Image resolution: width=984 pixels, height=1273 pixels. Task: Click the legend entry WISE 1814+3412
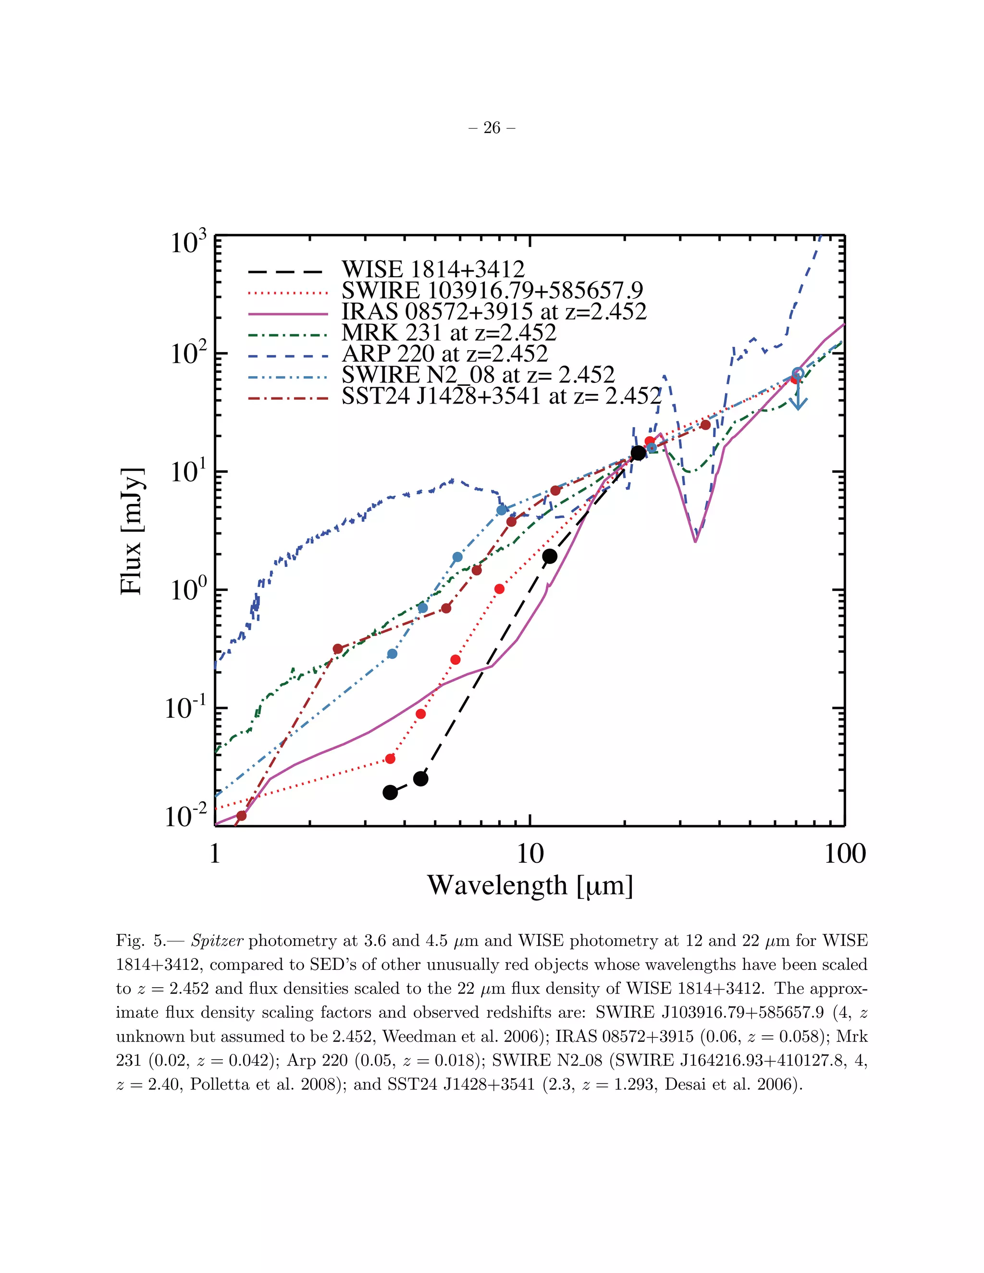pyautogui.click(x=432, y=269)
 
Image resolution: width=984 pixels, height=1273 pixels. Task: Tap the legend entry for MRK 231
pyautogui.click(x=449, y=333)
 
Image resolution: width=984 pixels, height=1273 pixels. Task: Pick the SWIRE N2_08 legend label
pyautogui.click(x=478, y=375)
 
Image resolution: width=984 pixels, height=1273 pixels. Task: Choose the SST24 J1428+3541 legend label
pyautogui.click(x=501, y=396)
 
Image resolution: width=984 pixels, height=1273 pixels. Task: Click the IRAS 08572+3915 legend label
pyautogui.click(x=494, y=312)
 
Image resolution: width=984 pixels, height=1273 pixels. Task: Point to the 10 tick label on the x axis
pyautogui.click(x=530, y=854)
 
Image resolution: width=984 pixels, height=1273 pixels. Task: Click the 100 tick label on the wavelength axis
pyautogui.click(x=845, y=854)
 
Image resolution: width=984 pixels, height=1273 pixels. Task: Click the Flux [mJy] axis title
pyautogui.click(x=132, y=531)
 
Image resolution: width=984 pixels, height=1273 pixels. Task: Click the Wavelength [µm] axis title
pyautogui.click(x=530, y=885)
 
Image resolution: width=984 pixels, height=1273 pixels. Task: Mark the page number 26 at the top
pyautogui.click(x=492, y=128)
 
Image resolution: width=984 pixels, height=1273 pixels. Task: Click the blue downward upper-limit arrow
pyautogui.click(x=798, y=396)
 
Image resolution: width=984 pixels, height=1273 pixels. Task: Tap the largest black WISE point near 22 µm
pyautogui.click(x=639, y=453)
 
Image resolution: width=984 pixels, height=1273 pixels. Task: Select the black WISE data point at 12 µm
pyautogui.click(x=549, y=556)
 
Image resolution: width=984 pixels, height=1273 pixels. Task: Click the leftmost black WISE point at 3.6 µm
pyautogui.click(x=390, y=792)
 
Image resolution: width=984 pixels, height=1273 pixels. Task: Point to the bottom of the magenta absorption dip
pyautogui.click(x=695, y=541)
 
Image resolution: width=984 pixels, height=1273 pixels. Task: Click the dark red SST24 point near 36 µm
pyautogui.click(x=705, y=425)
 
